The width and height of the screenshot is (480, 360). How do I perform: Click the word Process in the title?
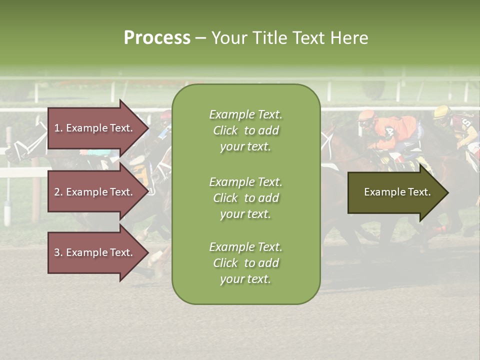pyautogui.click(x=157, y=38)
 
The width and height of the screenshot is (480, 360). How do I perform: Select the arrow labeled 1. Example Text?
pyautogui.click(x=94, y=128)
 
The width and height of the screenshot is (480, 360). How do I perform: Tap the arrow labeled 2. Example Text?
pyautogui.click(x=94, y=192)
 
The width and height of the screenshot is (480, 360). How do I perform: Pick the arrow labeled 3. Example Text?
pyautogui.click(x=94, y=252)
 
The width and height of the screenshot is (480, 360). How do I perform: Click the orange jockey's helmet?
pyautogui.click(x=366, y=117)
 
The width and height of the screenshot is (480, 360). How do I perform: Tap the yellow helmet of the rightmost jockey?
pyautogui.click(x=441, y=112)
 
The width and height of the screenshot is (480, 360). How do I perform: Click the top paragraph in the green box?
pyautogui.click(x=245, y=130)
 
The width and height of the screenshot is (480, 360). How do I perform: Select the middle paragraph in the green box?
pyautogui.click(x=245, y=198)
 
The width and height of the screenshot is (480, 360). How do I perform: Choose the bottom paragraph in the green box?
pyautogui.click(x=245, y=263)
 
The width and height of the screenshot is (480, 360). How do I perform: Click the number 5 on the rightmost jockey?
pyautogui.click(x=466, y=122)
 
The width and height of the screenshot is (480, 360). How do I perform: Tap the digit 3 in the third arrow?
pyautogui.click(x=56, y=252)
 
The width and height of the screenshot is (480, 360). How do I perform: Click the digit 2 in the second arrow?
pyautogui.click(x=56, y=192)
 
